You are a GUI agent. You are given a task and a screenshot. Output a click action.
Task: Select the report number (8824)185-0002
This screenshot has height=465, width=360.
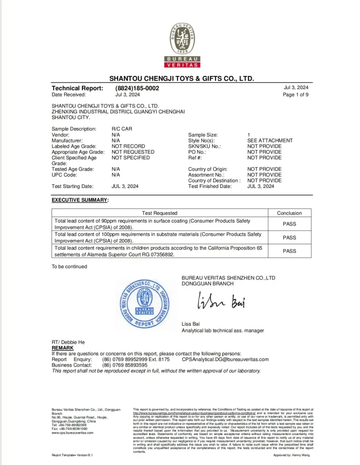[x=137, y=88]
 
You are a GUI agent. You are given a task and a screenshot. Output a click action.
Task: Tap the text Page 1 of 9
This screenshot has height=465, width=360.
[x=296, y=95]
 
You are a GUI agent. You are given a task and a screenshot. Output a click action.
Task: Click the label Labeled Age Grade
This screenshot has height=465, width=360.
[x=75, y=146]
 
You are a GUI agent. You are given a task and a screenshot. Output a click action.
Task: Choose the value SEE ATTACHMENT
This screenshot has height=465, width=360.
[x=270, y=140]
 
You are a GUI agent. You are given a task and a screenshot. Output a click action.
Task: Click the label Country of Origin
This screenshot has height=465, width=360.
[x=208, y=169]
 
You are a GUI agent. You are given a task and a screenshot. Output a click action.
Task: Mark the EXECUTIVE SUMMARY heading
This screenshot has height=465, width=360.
[x=80, y=200]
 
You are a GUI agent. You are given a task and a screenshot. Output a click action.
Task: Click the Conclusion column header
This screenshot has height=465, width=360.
[x=289, y=213]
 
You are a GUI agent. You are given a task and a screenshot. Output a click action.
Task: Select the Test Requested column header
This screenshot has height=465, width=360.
[x=159, y=213]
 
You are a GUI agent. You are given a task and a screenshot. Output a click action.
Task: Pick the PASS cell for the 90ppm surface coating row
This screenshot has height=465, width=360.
[x=289, y=224]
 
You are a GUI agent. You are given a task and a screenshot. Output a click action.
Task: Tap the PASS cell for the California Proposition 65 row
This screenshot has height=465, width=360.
[x=289, y=251]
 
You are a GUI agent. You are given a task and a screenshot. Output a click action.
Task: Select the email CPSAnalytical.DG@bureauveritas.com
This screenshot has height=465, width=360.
[x=225, y=359]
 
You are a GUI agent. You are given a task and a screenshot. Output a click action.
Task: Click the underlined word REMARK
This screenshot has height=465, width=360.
[x=62, y=348]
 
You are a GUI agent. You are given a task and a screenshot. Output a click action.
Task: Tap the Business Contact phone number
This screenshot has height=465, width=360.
[x=125, y=365]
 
